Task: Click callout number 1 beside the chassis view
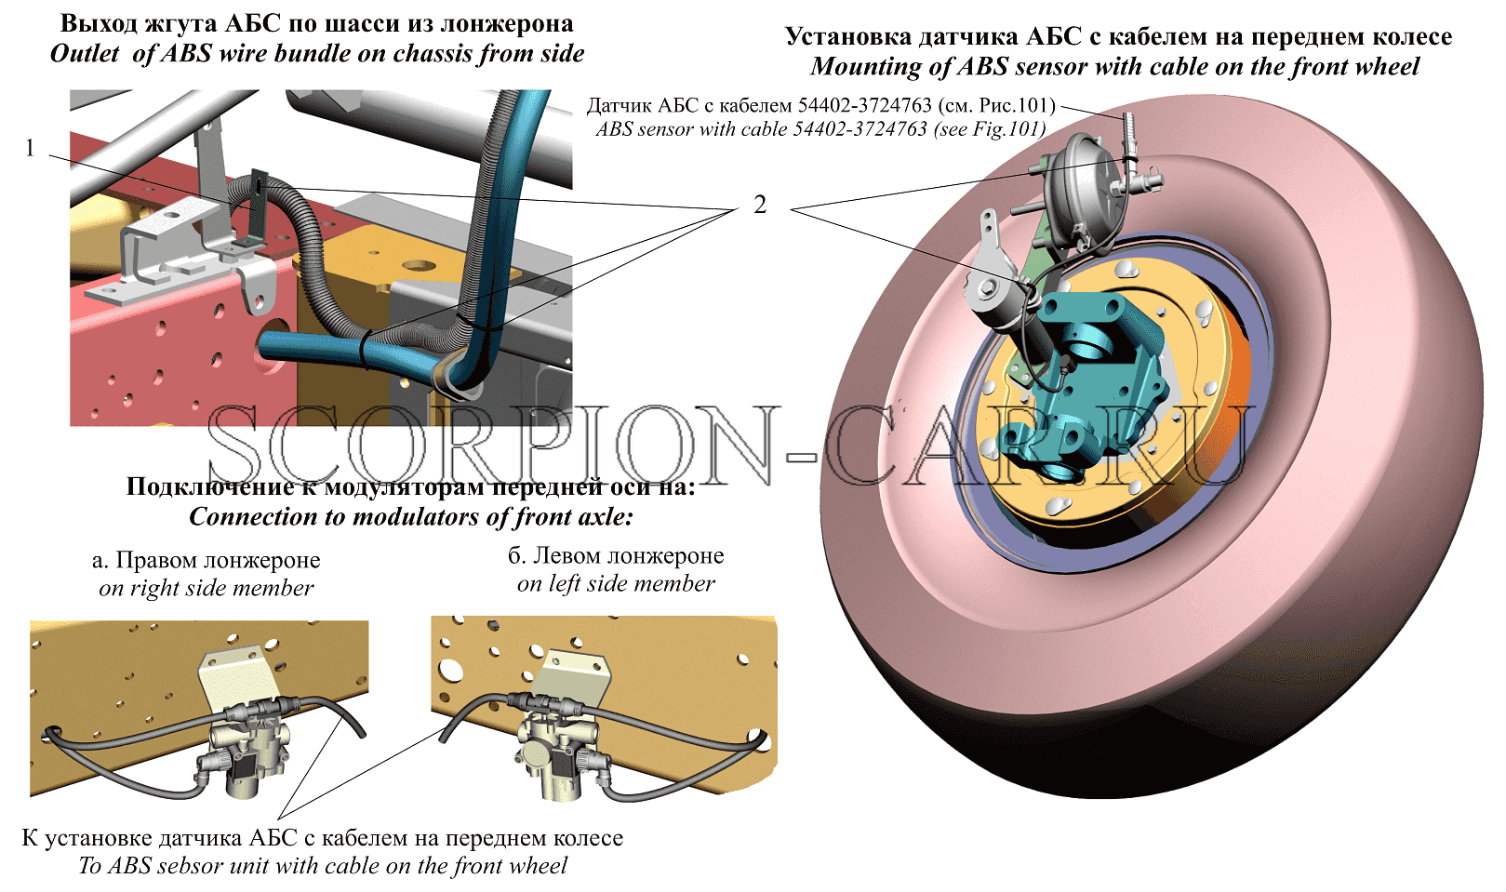click(x=30, y=147)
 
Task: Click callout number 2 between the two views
click(x=760, y=205)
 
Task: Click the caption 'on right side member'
click(x=206, y=588)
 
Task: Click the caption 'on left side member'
click(x=616, y=583)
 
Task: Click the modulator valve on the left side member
click(x=559, y=752)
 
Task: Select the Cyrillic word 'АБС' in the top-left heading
click(x=253, y=24)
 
